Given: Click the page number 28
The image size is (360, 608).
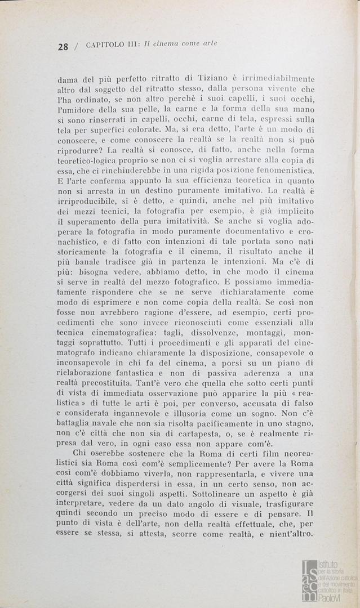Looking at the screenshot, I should pos(63,47).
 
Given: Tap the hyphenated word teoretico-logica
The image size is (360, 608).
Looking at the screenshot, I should pos(90,160).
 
